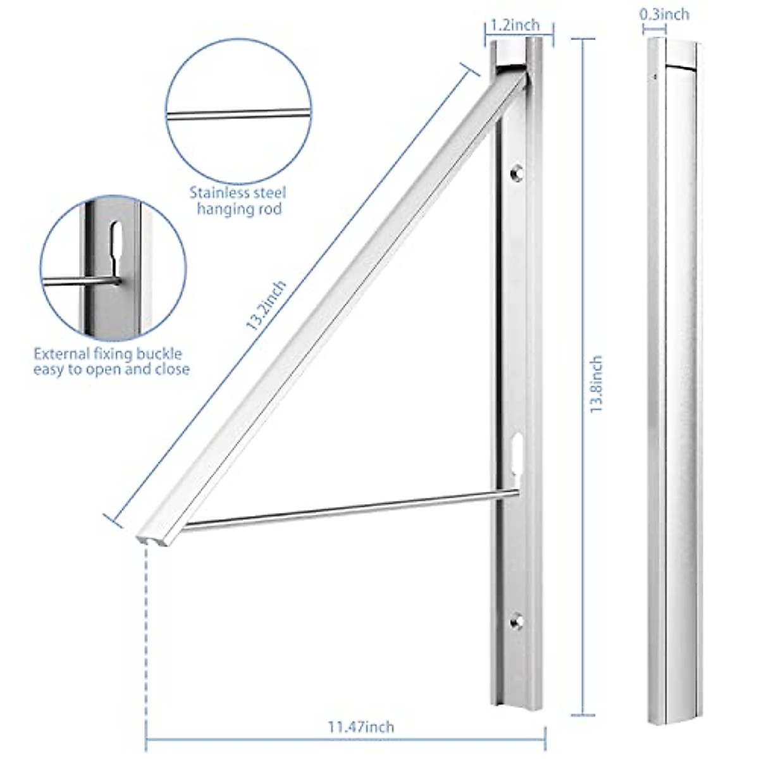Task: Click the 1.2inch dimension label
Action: point(515,25)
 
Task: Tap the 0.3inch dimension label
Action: point(666,13)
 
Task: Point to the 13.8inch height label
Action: point(595,385)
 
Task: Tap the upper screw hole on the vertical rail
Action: point(517,171)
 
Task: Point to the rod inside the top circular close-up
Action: point(239,114)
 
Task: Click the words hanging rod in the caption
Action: point(239,209)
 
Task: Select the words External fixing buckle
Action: point(108,354)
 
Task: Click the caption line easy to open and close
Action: point(111,369)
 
